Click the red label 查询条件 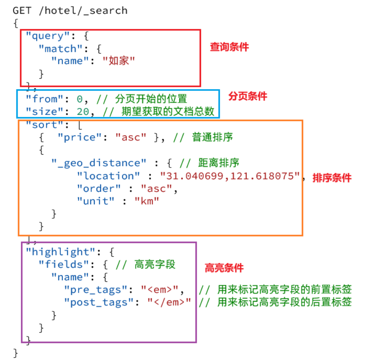coord(229,47)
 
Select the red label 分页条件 coord(247,96)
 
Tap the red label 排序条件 coord(332,178)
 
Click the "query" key coord(44,36)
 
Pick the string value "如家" coord(119,61)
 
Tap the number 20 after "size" coord(83,112)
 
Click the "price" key coord(80,137)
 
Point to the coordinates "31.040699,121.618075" coord(230,176)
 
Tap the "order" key coord(99,188)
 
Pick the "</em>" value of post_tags coord(169,302)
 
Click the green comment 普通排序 coord(212,137)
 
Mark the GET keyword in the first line coord(22,10)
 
